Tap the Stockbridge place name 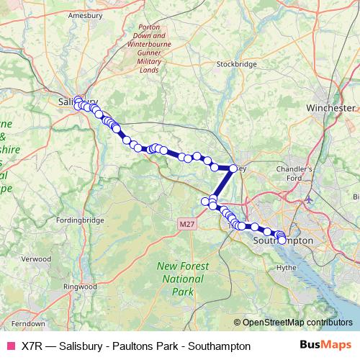pos(237,64)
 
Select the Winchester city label pos(330,107)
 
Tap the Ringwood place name pos(81,287)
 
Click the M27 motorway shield pos(186,225)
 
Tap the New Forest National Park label pos(183,279)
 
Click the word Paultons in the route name pos(129,346)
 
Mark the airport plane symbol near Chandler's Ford pos(310,198)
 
